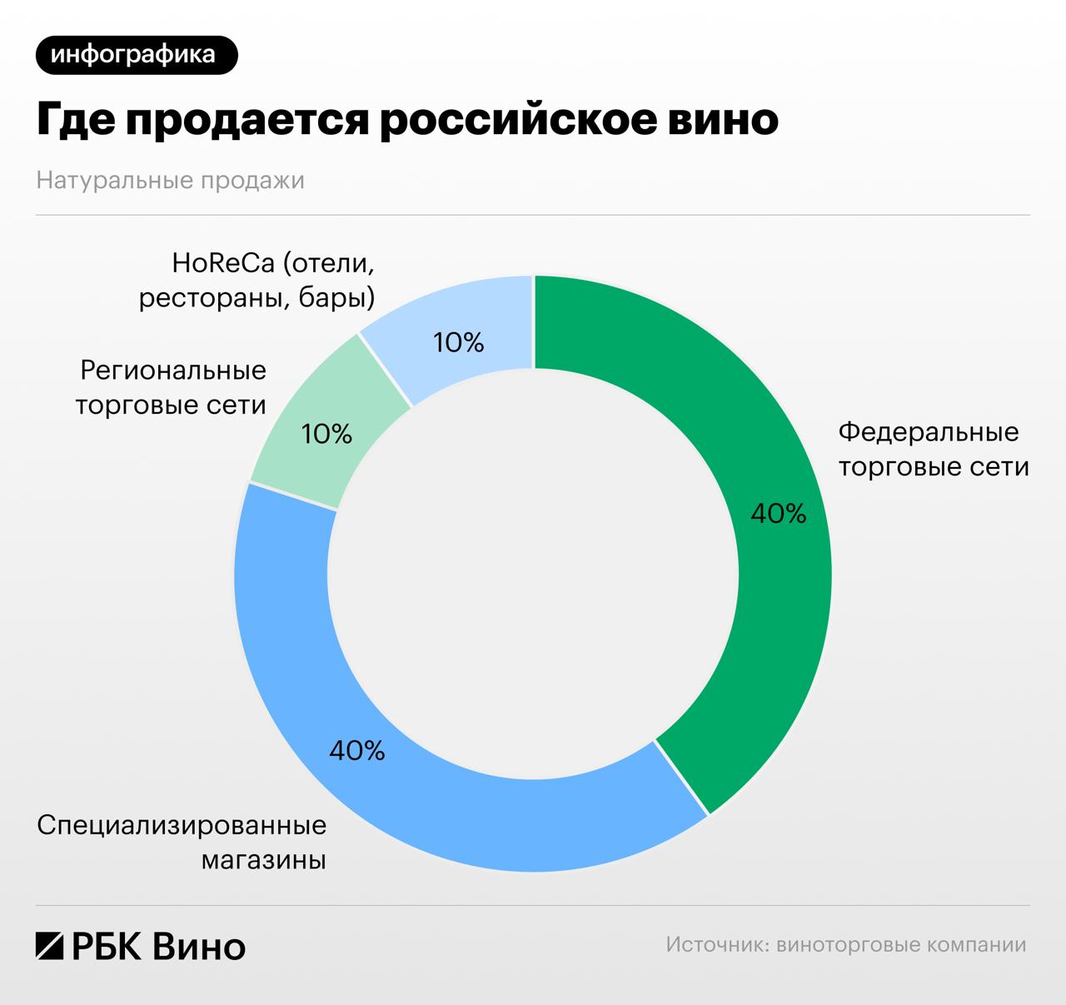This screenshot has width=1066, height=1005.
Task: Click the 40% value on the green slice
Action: [x=778, y=514]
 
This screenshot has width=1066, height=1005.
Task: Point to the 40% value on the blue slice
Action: [x=357, y=751]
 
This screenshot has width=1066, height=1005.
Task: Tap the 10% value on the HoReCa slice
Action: [x=459, y=342]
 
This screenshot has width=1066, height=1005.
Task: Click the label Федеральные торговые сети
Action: [x=933, y=450]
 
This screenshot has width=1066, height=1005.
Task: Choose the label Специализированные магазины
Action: [x=182, y=843]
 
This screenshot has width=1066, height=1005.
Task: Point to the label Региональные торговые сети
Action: [x=171, y=387]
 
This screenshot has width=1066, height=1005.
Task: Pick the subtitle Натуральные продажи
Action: [x=170, y=181]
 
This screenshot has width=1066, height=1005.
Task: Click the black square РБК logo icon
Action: [x=50, y=947]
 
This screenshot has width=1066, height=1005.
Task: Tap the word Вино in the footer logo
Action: [x=200, y=947]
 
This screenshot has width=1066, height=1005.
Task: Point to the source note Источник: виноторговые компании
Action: [x=846, y=945]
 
